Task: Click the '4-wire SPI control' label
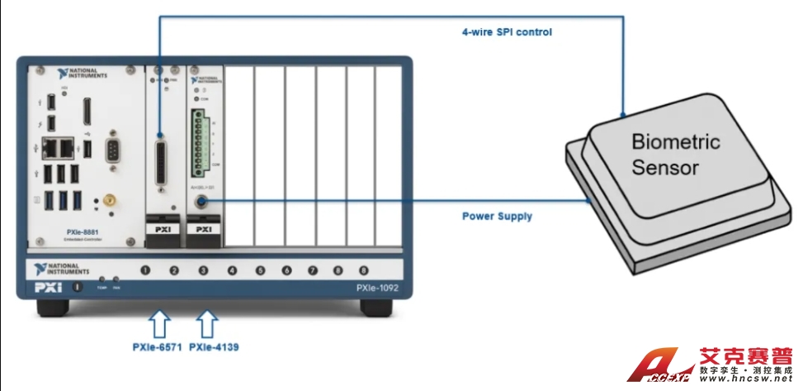click(506, 32)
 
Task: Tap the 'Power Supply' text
click(496, 217)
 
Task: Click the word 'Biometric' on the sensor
click(675, 141)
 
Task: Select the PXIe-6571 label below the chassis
click(158, 347)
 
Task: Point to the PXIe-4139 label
click(214, 347)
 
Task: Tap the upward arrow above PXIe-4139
click(208, 321)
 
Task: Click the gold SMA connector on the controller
click(108, 200)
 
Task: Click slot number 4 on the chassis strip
click(232, 270)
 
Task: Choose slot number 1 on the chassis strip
click(146, 270)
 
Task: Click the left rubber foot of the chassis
click(52, 307)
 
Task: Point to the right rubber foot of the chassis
click(376, 307)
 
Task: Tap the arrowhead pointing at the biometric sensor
click(624, 110)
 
